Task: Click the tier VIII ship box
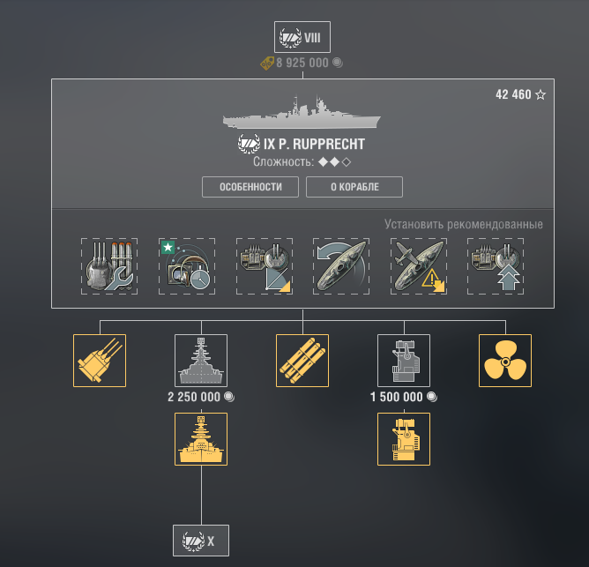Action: (x=302, y=37)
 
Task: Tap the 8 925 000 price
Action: (x=302, y=63)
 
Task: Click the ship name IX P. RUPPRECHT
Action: (x=314, y=144)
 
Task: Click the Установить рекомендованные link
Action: (x=464, y=224)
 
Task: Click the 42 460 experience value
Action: (x=513, y=94)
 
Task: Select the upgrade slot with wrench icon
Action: (x=109, y=266)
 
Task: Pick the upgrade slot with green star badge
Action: (x=187, y=266)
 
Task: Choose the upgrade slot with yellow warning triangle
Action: (x=419, y=266)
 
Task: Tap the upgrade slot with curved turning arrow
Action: (x=341, y=266)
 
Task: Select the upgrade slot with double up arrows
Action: (x=496, y=266)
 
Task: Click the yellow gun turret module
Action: (x=100, y=361)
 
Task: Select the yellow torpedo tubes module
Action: (x=302, y=361)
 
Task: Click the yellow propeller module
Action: (x=505, y=361)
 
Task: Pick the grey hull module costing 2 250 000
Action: (x=201, y=361)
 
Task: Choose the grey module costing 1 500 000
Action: (x=404, y=361)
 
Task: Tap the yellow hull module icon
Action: (x=201, y=439)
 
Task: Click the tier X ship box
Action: (x=201, y=541)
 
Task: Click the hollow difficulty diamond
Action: (x=347, y=162)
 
